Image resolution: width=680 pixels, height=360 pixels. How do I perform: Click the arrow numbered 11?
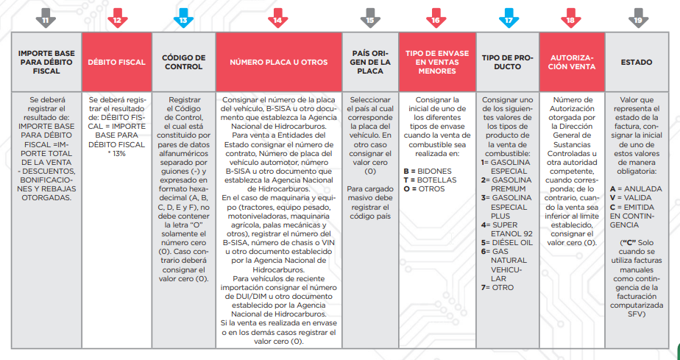[x=45, y=20]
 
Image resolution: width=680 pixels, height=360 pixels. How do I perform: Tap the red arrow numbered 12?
[x=116, y=20]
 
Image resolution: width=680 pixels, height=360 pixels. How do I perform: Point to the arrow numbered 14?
[x=277, y=20]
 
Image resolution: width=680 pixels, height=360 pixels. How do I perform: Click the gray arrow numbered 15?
[x=369, y=20]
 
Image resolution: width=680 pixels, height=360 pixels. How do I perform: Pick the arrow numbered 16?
[x=436, y=20]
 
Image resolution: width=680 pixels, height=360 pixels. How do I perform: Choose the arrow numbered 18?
[x=570, y=20]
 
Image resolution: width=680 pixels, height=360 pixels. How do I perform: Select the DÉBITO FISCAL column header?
[x=116, y=63]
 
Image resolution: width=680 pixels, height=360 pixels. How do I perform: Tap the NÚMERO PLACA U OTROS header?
[x=277, y=63]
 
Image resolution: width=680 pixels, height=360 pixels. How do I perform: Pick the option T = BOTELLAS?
[x=431, y=179]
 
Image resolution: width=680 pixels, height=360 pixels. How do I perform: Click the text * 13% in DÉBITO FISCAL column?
[x=116, y=153]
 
